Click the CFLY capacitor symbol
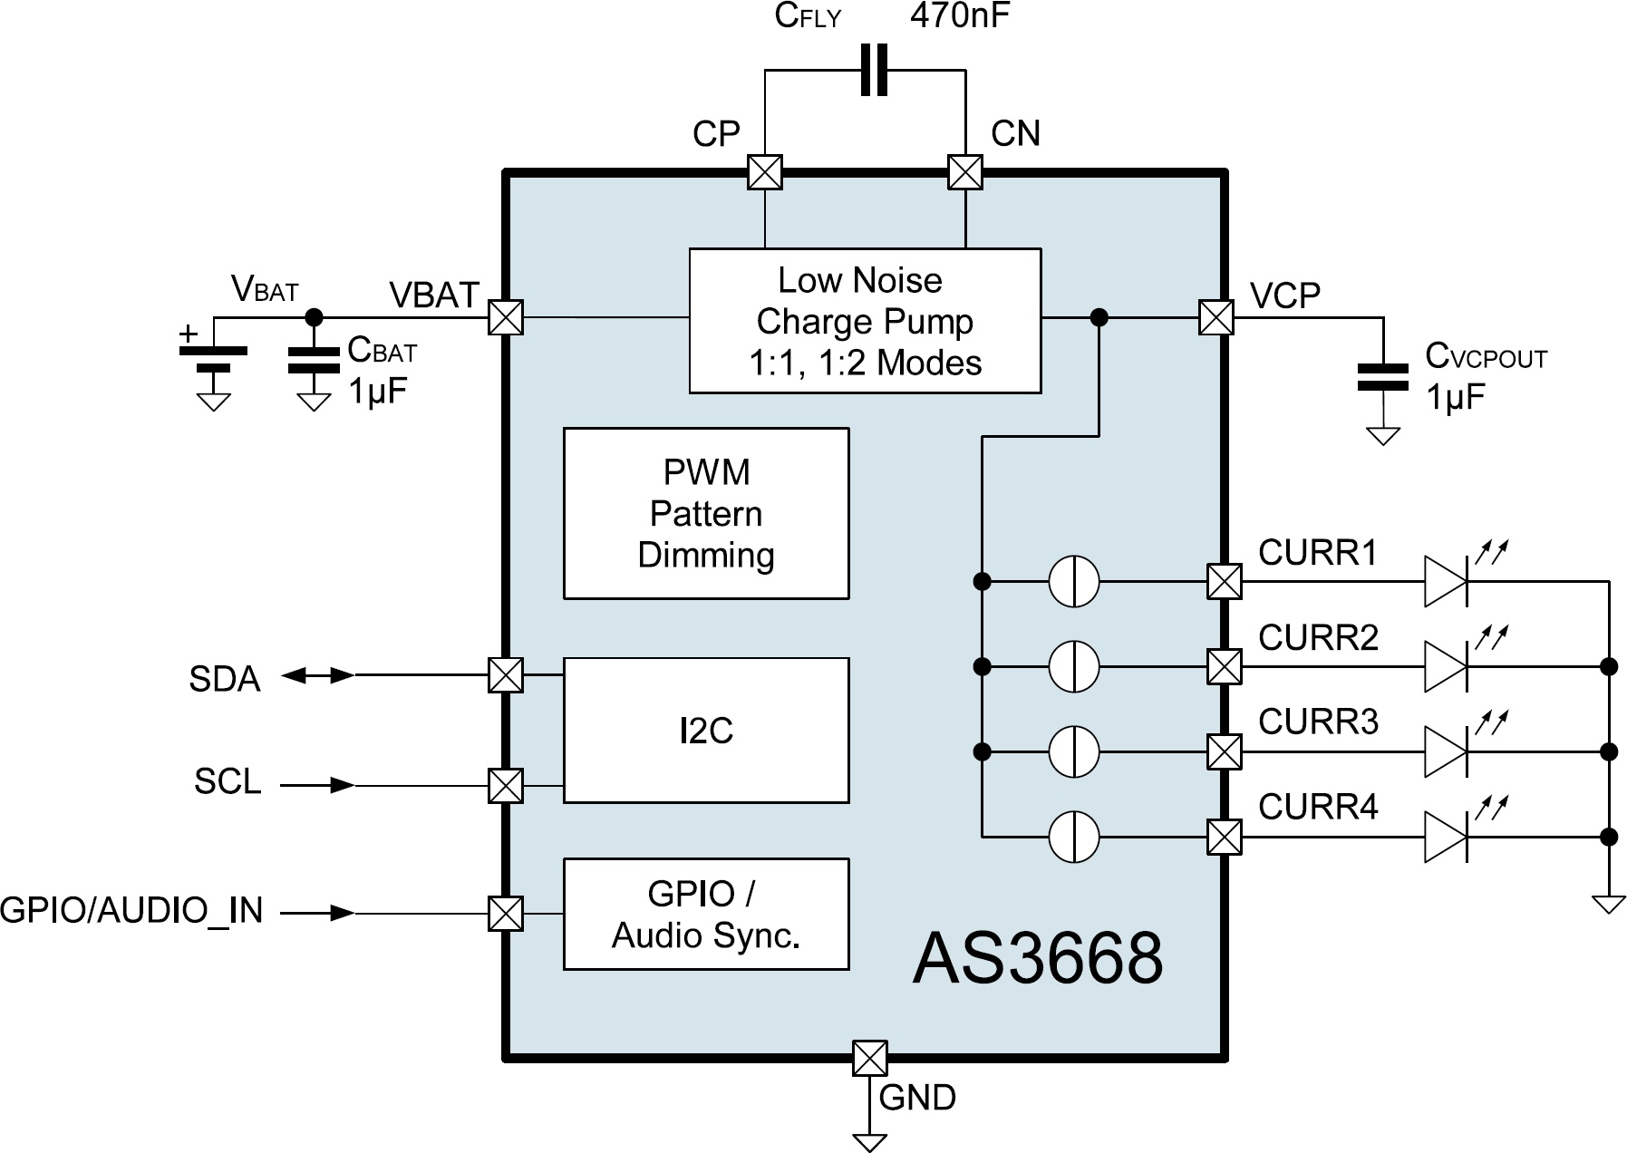[x=873, y=71]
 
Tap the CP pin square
[x=764, y=171]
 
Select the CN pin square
[x=964, y=171]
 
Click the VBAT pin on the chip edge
[x=505, y=317]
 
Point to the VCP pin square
[x=1215, y=317]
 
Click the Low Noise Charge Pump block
[x=864, y=321]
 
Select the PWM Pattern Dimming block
[x=705, y=513]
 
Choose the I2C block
[x=705, y=730]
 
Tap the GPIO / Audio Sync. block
[x=705, y=914]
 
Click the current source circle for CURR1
[x=1073, y=581]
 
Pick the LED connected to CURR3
[x=1446, y=751]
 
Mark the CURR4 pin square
[x=1224, y=836]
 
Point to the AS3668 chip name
[x=1037, y=958]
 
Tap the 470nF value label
[x=959, y=15]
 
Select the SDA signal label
[x=224, y=679]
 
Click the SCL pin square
[x=505, y=785]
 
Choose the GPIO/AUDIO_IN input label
[x=131, y=910]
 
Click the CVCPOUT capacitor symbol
[x=1382, y=377]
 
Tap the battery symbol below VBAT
[x=214, y=359]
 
